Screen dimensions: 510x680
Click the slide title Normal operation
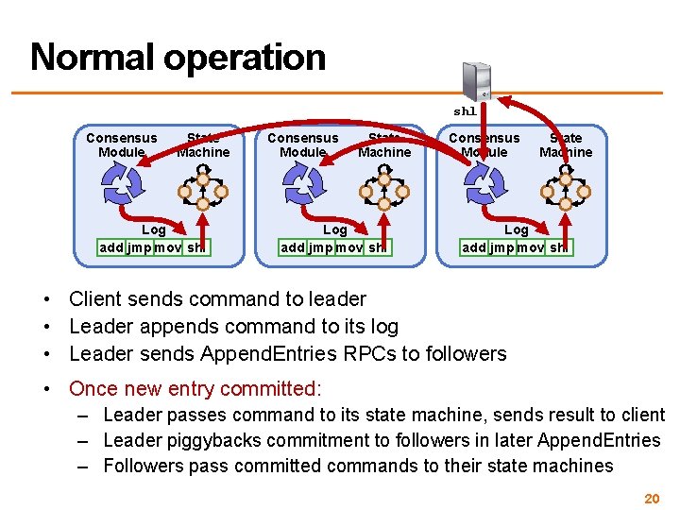(178, 57)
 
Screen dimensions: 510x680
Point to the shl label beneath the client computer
(465, 111)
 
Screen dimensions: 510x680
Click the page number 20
(651, 498)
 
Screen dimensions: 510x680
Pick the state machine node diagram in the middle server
(384, 188)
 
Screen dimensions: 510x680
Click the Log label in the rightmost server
(517, 229)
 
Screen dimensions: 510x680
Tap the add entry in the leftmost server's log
(112, 247)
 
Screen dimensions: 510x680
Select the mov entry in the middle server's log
(348, 247)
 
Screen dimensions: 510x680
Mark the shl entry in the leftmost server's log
(195, 247)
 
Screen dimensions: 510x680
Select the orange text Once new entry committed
(195, 388)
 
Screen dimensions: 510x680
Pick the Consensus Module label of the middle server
(302, 144)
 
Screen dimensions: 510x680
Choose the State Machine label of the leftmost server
(203, 144)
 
